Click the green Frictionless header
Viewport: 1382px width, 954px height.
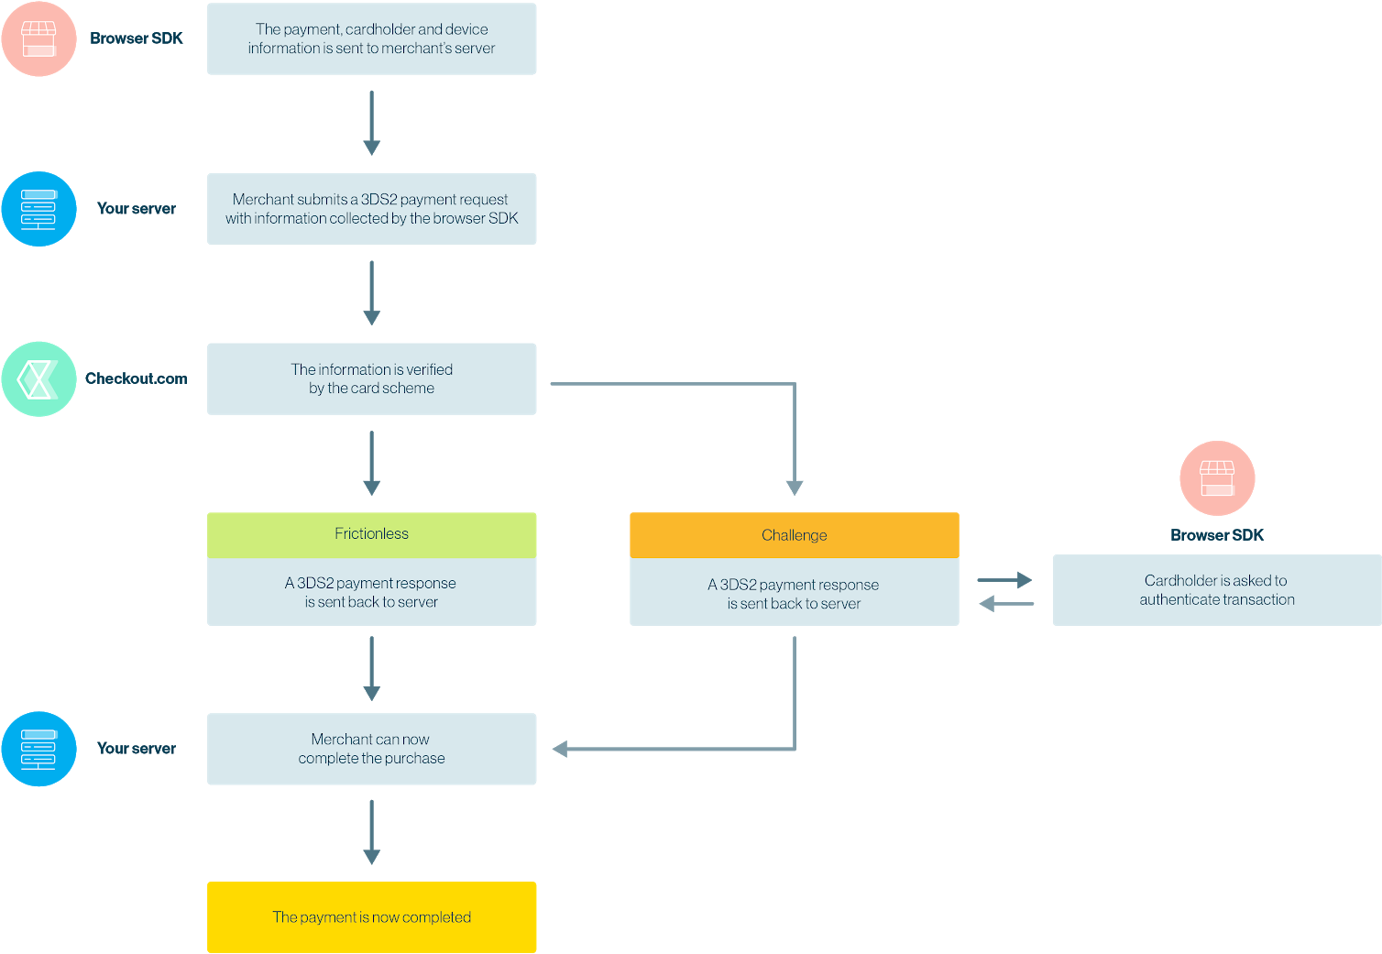(371, 534)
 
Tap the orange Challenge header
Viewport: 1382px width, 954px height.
(794, 535)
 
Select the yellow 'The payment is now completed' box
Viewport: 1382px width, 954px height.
(371, 917)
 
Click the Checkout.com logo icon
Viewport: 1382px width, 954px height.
(38, 378)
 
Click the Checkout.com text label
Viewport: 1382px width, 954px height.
(137, 378)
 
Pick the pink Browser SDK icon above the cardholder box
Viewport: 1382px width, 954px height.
(1217, 478)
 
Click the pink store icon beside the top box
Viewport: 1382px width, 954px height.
(38, 38)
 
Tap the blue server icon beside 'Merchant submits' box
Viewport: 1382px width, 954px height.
(38, 209)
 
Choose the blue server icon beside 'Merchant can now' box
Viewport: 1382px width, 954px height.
(38, 749)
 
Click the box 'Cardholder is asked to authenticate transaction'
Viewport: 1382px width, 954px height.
(1217, 590)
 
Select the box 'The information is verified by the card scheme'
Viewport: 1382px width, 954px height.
(371, 378)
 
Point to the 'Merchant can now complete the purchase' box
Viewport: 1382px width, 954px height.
(371, 749)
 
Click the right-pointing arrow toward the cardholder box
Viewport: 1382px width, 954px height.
(1004, 580)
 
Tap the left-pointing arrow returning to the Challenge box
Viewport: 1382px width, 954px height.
(1006, 604)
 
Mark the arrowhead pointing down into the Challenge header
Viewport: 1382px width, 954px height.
(794, 488)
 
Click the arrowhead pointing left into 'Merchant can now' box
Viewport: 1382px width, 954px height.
(560, 749)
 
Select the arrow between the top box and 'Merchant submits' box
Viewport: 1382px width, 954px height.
(371, 123)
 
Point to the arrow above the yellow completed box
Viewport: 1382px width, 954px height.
(371, 832)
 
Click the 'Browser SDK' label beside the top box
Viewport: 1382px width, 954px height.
(137, 38)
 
